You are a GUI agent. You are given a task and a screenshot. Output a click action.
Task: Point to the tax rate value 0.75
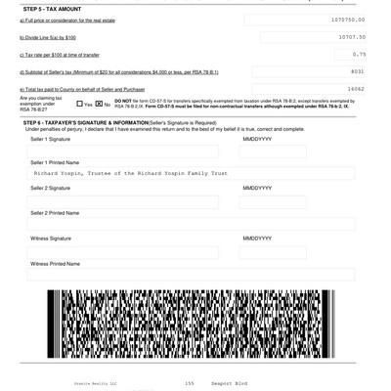pos(358,54)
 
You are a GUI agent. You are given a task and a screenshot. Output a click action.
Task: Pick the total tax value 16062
pos(354,88)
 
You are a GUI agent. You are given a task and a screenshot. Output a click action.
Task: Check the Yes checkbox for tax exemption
pos(80,103)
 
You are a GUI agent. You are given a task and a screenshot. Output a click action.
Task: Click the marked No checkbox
pos(99,103)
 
